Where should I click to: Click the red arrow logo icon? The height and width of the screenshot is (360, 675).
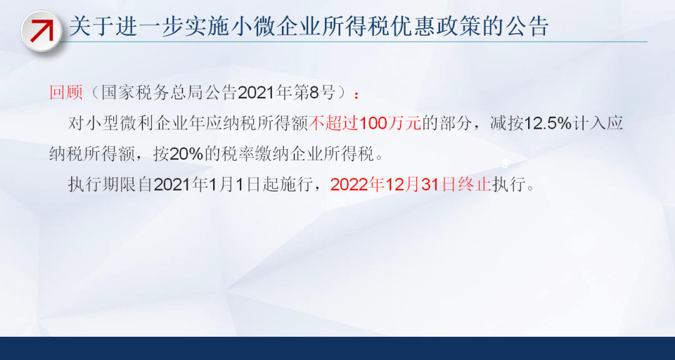(41, 31)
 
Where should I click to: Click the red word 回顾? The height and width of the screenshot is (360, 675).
(66, 92)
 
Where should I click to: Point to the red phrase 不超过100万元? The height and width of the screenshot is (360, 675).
(364, 124)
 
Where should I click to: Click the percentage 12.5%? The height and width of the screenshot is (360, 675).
(546, 124)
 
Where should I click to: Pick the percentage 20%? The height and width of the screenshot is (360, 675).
(186, 154)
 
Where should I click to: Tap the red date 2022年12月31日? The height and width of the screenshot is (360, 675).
(392, 185)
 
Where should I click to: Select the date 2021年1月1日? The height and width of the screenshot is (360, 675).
(207, 185)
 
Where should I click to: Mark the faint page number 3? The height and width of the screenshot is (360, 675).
(505, 164)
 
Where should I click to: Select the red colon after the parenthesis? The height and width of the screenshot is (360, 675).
(356, 94)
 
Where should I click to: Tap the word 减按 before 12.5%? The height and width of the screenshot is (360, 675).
(506, 124)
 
